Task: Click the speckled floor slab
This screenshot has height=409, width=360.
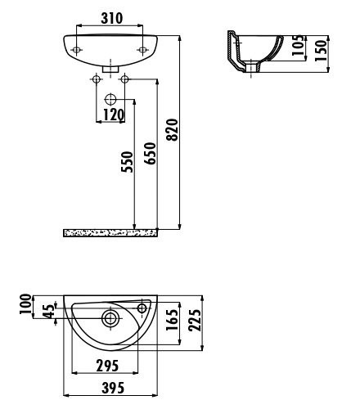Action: click(110, 232)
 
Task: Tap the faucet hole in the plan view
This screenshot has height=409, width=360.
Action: click(144, 308)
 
